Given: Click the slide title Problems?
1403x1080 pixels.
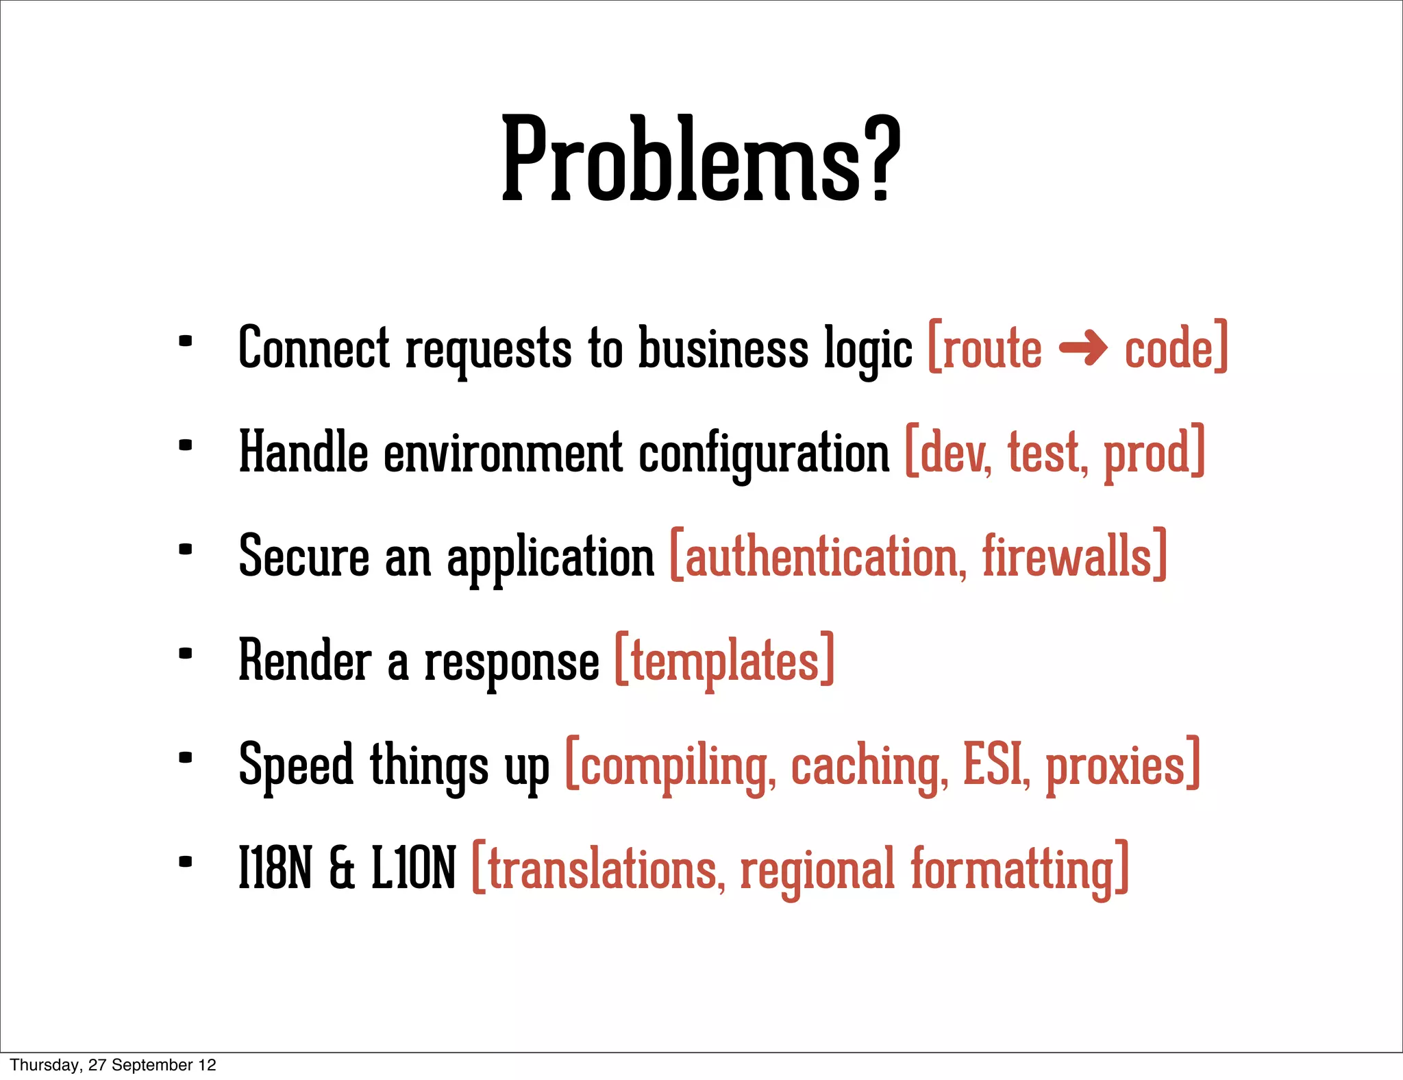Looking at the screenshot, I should [700, 159].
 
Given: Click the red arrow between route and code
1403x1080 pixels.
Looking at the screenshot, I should [1083, 348].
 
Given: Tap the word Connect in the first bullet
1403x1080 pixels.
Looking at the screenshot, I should [314, 348].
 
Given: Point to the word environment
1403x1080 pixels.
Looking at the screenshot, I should [502, 452].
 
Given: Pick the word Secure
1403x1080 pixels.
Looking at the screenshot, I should [304, 556].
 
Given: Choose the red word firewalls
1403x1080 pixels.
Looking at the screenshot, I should [1067, 556].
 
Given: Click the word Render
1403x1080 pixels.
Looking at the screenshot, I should [305, 661].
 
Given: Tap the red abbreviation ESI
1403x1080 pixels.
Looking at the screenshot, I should [995, 765].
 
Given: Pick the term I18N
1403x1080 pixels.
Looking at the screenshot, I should [275, 869].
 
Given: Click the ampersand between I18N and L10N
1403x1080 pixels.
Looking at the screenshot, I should [342, 869].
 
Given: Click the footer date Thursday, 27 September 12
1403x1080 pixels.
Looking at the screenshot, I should [113, 1065].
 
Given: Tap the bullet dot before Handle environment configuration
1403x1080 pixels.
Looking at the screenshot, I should [185, 445].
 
